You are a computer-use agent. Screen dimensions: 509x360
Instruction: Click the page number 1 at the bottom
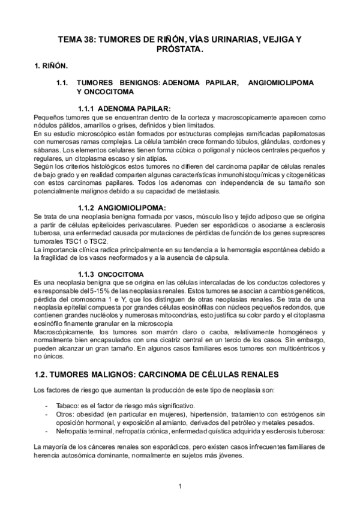180,486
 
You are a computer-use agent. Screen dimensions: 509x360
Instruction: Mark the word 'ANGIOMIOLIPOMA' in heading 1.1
281,82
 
